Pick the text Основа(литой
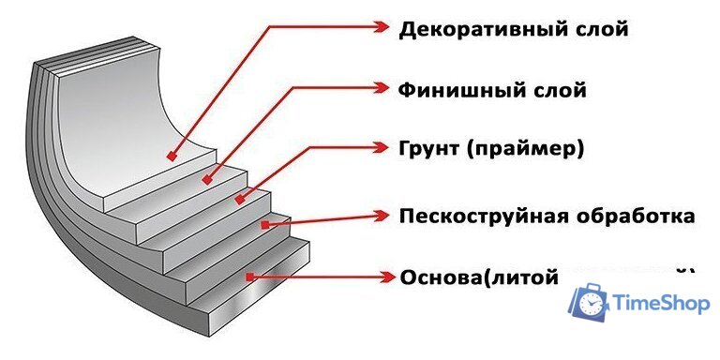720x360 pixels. tap(478, 278)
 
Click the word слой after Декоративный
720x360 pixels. tap(595, 29)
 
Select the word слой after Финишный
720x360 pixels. tap(553, 91)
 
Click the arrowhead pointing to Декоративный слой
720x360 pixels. tap(382, 28)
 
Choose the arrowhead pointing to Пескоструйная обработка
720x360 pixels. tap(382, 216)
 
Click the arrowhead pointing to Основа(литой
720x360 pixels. tap(385, 277)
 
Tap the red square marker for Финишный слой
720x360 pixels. tap(205, 176)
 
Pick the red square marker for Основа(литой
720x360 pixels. tap(249, 277)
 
